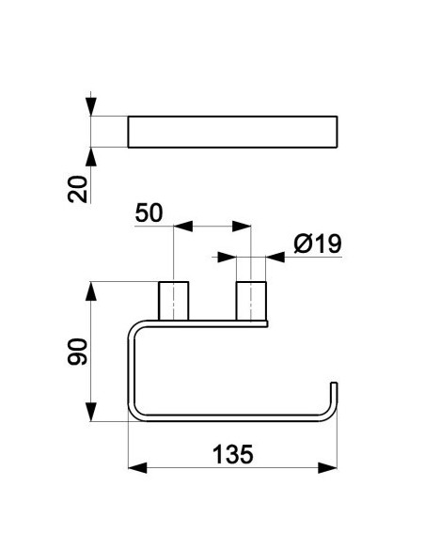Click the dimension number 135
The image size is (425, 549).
232,454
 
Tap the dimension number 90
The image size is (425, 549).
77,352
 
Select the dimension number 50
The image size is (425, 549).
149,212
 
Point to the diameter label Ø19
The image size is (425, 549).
318,243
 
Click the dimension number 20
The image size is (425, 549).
77,189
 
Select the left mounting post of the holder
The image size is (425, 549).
174,301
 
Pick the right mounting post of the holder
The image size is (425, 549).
251,301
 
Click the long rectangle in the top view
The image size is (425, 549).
232,132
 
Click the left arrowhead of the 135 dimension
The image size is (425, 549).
137,468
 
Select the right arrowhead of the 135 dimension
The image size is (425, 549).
327,468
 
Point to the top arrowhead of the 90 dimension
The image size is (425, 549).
91,291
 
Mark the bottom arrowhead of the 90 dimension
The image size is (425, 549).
91,412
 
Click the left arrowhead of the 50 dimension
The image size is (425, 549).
183,227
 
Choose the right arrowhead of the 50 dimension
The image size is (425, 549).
242,227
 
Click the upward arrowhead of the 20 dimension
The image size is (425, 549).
91,157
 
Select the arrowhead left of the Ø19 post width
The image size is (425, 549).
227,258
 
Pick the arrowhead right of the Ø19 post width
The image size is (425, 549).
275,258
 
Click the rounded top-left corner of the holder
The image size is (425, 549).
134,328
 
